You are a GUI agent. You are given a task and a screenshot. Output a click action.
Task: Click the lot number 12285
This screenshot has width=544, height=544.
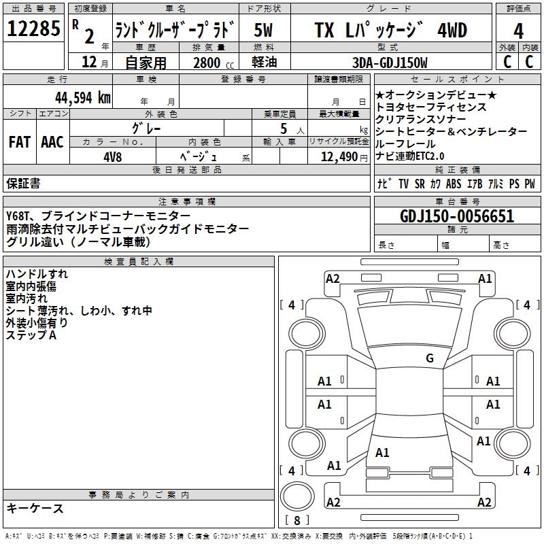[x=33, y=30]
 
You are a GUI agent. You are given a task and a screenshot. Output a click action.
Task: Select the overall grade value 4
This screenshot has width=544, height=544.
[x=519, y=31]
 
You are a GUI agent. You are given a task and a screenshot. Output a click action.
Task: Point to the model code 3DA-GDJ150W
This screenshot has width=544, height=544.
[x=390, y=63]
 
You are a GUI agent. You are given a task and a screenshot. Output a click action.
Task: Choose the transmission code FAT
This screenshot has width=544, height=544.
[x=19, y=141]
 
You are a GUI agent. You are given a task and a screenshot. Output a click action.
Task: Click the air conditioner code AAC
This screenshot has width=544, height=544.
[x=52, y=141]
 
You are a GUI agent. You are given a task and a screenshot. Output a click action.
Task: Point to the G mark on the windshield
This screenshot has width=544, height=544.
[x=429, y=358]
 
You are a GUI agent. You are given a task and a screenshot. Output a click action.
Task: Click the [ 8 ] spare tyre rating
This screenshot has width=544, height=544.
[x=297, y=520]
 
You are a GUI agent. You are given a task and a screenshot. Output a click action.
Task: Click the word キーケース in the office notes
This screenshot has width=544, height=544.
[x=35, y=508]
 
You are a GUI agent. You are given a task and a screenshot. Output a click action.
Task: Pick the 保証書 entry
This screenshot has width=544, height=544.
[x=23, y=183]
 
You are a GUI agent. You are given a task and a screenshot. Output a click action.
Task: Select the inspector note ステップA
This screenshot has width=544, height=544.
[x=31, y=335]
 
